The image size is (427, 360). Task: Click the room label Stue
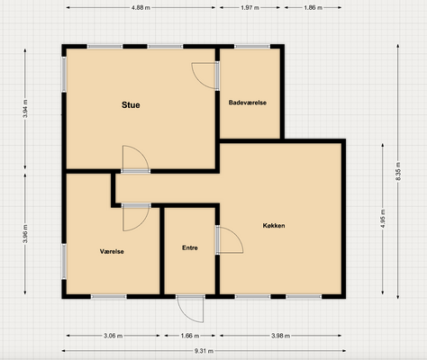point(131,105)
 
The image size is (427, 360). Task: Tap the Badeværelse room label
point(248,103)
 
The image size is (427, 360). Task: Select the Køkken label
point(274,226)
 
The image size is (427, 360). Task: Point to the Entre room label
point(190,247)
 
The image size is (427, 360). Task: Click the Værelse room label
point(112,251)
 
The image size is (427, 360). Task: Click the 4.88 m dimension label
point(141,8)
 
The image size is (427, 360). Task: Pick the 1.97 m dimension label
point(250,8)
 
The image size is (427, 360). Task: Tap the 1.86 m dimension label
point(313,8)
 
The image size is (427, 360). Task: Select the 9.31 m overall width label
point(204,351)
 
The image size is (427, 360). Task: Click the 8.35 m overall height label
point(398,171)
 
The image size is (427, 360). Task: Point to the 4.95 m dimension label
point(383,219)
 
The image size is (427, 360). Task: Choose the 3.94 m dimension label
point(25,109)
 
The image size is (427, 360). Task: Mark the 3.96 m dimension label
point(25,234)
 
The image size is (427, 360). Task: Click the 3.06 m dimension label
point(113,336)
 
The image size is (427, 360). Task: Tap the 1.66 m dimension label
point(190,336)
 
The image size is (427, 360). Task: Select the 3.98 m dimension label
point(280,336)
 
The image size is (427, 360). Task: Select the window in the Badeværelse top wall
point(252,47)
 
